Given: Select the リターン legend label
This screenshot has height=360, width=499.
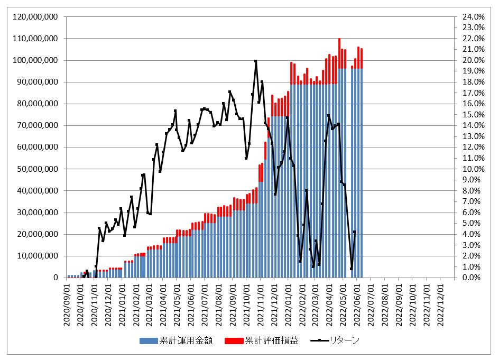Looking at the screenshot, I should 345,341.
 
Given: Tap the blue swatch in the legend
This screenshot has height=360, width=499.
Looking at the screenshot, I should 149,341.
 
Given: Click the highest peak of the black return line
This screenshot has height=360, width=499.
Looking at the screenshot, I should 256,61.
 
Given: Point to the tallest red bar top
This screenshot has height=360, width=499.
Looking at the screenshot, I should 339,39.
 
